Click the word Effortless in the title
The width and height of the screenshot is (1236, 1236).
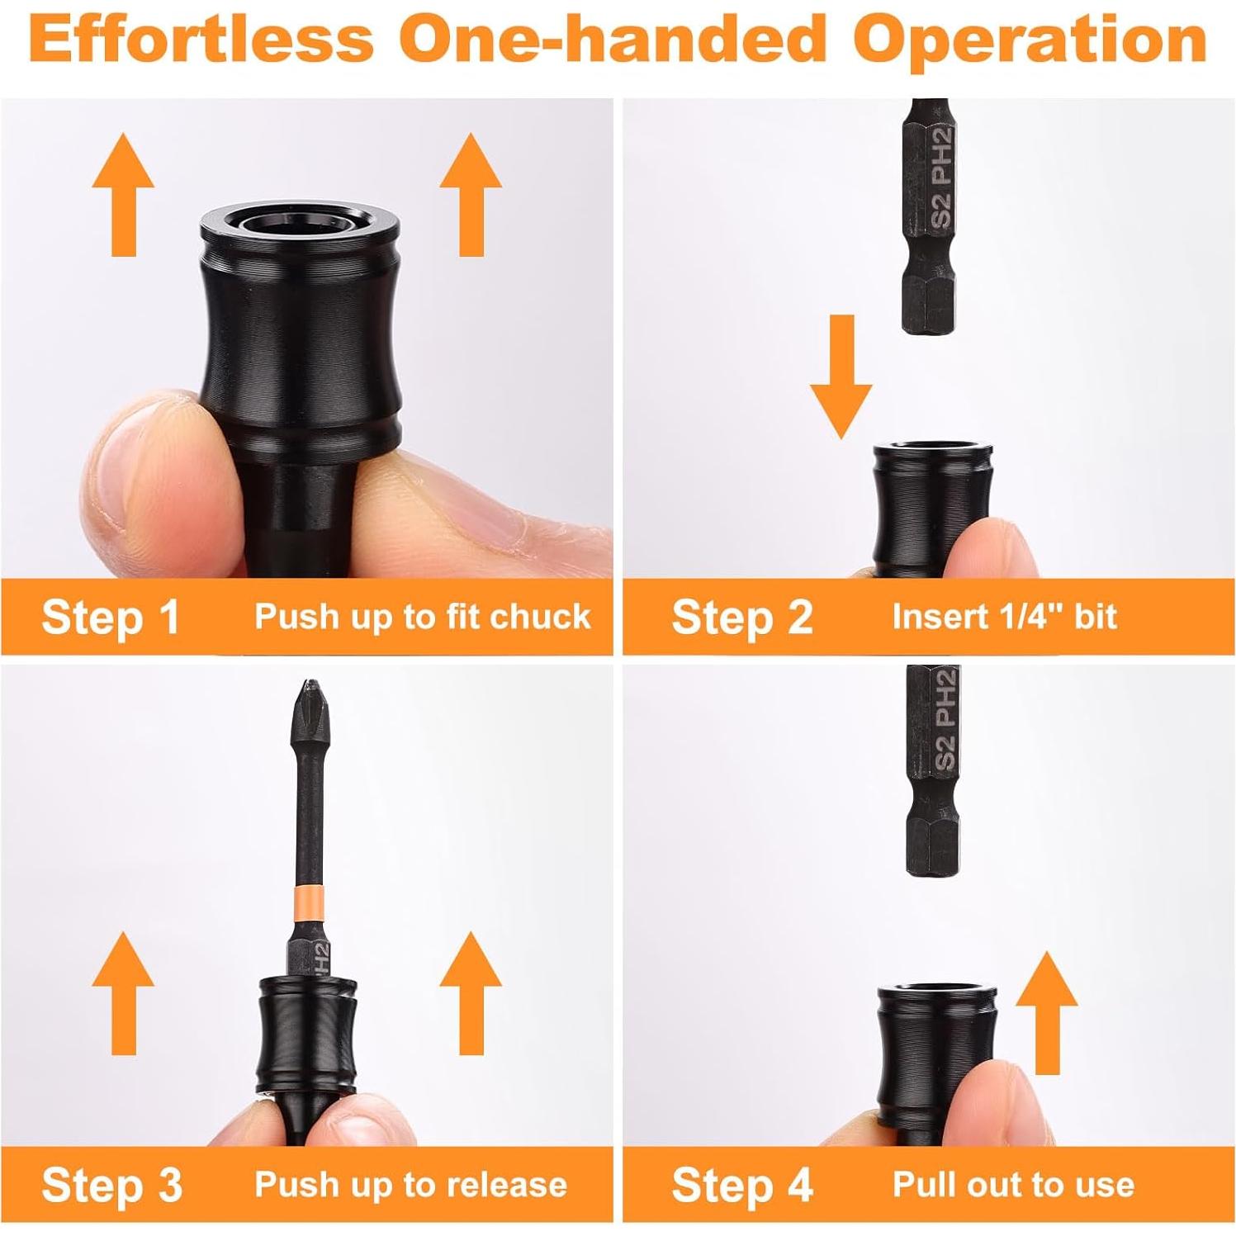[201, 39]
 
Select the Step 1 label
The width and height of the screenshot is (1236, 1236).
[111, 617]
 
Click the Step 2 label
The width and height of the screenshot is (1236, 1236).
[741, 617]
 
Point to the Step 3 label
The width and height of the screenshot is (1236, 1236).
[111, 1185]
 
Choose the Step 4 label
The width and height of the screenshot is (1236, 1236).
[741, 1185]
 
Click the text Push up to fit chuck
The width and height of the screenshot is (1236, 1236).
[422, 617]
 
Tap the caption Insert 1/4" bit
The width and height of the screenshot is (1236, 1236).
[1004, 617]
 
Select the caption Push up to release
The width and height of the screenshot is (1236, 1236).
[410, 1185]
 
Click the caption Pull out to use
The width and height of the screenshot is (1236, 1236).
[1013, 1185]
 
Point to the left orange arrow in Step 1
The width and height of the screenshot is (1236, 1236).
[123, 194]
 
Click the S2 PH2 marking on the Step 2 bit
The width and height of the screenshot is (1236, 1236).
[941, 178]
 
